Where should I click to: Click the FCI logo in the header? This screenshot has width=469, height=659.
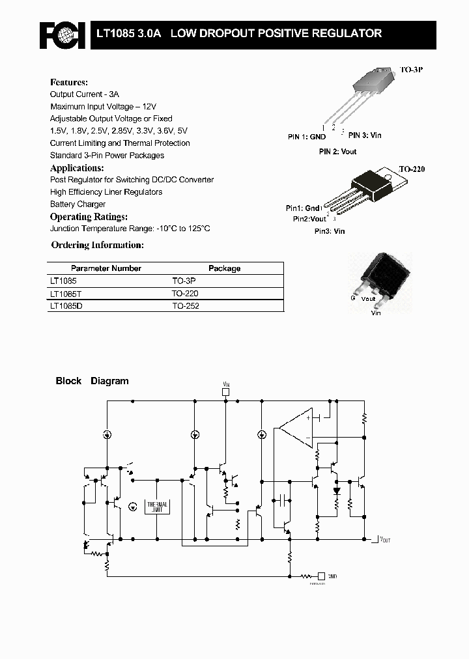click(62, 35)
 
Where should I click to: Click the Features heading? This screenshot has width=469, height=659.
click(68, 83)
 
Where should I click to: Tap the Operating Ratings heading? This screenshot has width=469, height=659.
click(89, 217)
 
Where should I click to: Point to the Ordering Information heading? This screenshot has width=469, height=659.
click(97, 245)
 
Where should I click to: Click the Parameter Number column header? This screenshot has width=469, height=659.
click(106, 268)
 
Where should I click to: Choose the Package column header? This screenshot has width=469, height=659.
click(224, 268)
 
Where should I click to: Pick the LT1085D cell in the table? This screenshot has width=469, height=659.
click(66, 305)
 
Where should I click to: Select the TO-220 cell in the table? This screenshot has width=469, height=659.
click(185, 294)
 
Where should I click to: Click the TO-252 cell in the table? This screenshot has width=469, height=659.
click(185, 305)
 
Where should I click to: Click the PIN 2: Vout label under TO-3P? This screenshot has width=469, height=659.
click(337, 152)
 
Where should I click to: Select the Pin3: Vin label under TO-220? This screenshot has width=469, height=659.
click(330, 231)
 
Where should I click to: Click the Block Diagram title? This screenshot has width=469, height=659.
click(92, 381)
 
